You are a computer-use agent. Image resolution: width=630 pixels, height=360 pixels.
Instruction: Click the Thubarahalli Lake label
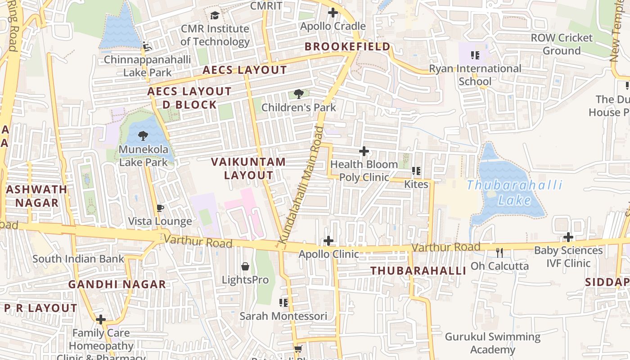point(514,192)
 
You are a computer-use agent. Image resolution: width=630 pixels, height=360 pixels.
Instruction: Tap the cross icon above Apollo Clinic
point(328,241)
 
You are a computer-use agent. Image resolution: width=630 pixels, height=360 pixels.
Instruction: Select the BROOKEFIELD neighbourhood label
point(347,47)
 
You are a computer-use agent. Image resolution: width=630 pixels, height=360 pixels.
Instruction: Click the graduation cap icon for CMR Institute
point(215,16)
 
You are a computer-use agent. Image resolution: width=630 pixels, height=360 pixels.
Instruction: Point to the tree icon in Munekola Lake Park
point(143,135)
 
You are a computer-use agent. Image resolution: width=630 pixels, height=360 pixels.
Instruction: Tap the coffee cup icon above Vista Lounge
point(160,208)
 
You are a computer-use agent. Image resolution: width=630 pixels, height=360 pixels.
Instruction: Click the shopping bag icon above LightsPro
point(245,266)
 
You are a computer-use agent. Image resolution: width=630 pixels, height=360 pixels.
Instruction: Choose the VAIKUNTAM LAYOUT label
point(248,169)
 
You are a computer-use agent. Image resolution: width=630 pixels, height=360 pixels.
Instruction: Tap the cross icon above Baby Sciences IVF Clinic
point(568,237)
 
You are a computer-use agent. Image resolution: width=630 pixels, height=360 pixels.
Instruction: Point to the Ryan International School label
point(475,75)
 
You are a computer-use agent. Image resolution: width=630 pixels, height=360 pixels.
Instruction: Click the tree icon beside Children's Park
point(298,94)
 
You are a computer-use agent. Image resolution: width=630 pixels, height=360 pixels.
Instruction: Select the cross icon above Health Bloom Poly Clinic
point(364,151)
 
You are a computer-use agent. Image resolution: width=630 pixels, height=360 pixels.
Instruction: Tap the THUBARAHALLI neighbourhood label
point(418,271)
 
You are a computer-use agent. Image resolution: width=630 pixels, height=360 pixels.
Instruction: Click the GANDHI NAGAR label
point(117,284)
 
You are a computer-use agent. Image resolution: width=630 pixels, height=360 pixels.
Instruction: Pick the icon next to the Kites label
point(416,171)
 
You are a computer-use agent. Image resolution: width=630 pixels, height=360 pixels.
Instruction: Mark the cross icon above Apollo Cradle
point(333,13)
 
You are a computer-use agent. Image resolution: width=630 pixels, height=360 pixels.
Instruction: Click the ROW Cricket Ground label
point(562,44)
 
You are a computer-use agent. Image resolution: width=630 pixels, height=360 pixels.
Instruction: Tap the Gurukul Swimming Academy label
point(493,343)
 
